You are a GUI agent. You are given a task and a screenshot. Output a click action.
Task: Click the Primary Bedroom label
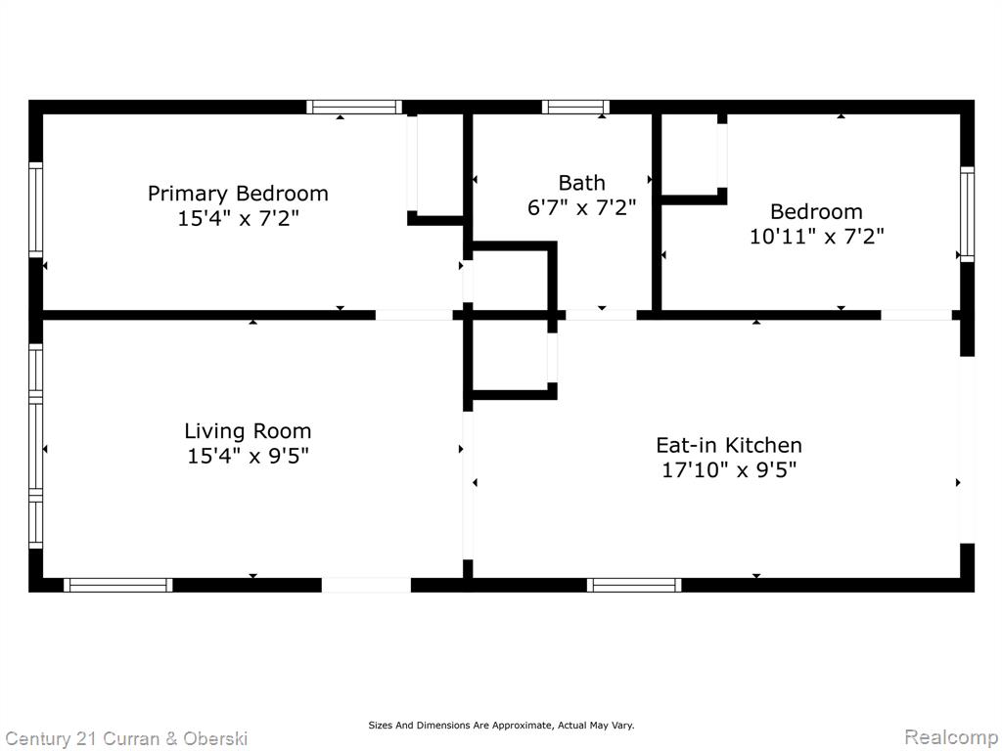pyautogui.click(x=238, y=193)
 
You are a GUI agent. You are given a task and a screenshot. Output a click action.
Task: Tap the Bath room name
pyautogui.click(x=581, y=183)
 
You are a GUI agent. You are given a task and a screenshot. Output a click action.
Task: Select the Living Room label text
pyautogui.click(x=248, y=431)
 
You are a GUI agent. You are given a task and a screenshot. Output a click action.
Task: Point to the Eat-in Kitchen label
pyautogui.click(x=728, y=445)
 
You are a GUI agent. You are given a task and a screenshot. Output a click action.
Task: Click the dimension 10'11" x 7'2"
pyautogui.click(x=816, y=237)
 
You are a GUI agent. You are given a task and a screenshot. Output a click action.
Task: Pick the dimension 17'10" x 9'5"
pyautogui.click(x=728, y=470)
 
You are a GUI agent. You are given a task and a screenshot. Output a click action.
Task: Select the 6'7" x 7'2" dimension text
pyautogui.click(x=581, y=207)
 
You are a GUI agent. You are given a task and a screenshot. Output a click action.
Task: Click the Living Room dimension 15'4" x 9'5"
pyautogui.click(x=248, y=456)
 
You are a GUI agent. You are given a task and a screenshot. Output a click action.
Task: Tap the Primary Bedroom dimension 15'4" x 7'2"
pyautogui.click(x=238, y=218)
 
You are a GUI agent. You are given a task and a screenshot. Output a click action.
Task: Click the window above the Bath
pyautogui.click(x=575, y=107)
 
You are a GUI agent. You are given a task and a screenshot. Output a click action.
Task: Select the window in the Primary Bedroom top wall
pyautogui.click(x=354, y=107)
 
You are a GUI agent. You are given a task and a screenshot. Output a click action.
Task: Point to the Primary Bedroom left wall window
pyautogui.click(x=36, y=209)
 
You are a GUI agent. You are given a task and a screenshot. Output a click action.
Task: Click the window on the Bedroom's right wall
pyautogui.click(x=968, y=214)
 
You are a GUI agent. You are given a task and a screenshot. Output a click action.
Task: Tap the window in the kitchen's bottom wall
pyautogui.click(x=634, y=585)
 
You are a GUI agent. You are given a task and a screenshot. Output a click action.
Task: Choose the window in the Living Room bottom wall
pyautogui.click(x=118, y=585)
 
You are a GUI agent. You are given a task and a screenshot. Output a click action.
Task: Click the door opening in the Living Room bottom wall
pyautogui.click(x=366, y=585)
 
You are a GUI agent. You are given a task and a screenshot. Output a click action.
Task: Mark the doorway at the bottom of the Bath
pyautogui.click(x=602, y=315)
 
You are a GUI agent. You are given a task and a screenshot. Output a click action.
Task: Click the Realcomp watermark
pyautogui.click(x=951, y=737)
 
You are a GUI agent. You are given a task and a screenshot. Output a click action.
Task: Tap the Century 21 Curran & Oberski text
pyautogui.click(x=126, y=739)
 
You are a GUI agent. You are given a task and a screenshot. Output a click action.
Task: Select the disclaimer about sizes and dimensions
pyautogui.click(x=501, y=726)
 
